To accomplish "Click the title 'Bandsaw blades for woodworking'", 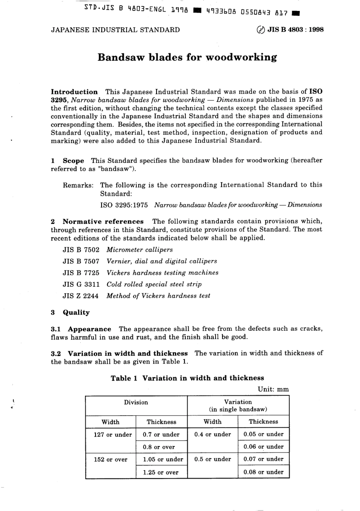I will tap(187, 58).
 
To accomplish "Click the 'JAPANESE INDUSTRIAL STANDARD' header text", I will tap(115, 30).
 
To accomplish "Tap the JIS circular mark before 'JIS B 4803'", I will tap(261, 30).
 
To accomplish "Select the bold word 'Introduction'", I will tap(74, 92).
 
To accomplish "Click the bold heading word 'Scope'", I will tap(74, 161).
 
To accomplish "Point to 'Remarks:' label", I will tap(78, 185).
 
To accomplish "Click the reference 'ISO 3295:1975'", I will tap(124, 205).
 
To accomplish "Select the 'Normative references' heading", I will tap(103, 222).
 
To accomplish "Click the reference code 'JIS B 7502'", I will tap(81, 250).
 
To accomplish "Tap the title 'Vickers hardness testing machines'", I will tap(163, 273).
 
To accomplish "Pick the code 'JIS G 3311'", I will tap(81, 284).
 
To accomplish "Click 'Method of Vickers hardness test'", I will tap(158, 296).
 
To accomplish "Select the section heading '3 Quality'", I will tap(70, 313).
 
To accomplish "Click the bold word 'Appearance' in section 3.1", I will tap(90, 329).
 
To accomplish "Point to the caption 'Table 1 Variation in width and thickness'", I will tap(187, 378).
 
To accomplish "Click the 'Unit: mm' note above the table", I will tap(273, 389).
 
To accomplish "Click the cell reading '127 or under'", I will tap(113, 435).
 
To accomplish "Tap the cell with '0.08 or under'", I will tap(263, 472).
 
